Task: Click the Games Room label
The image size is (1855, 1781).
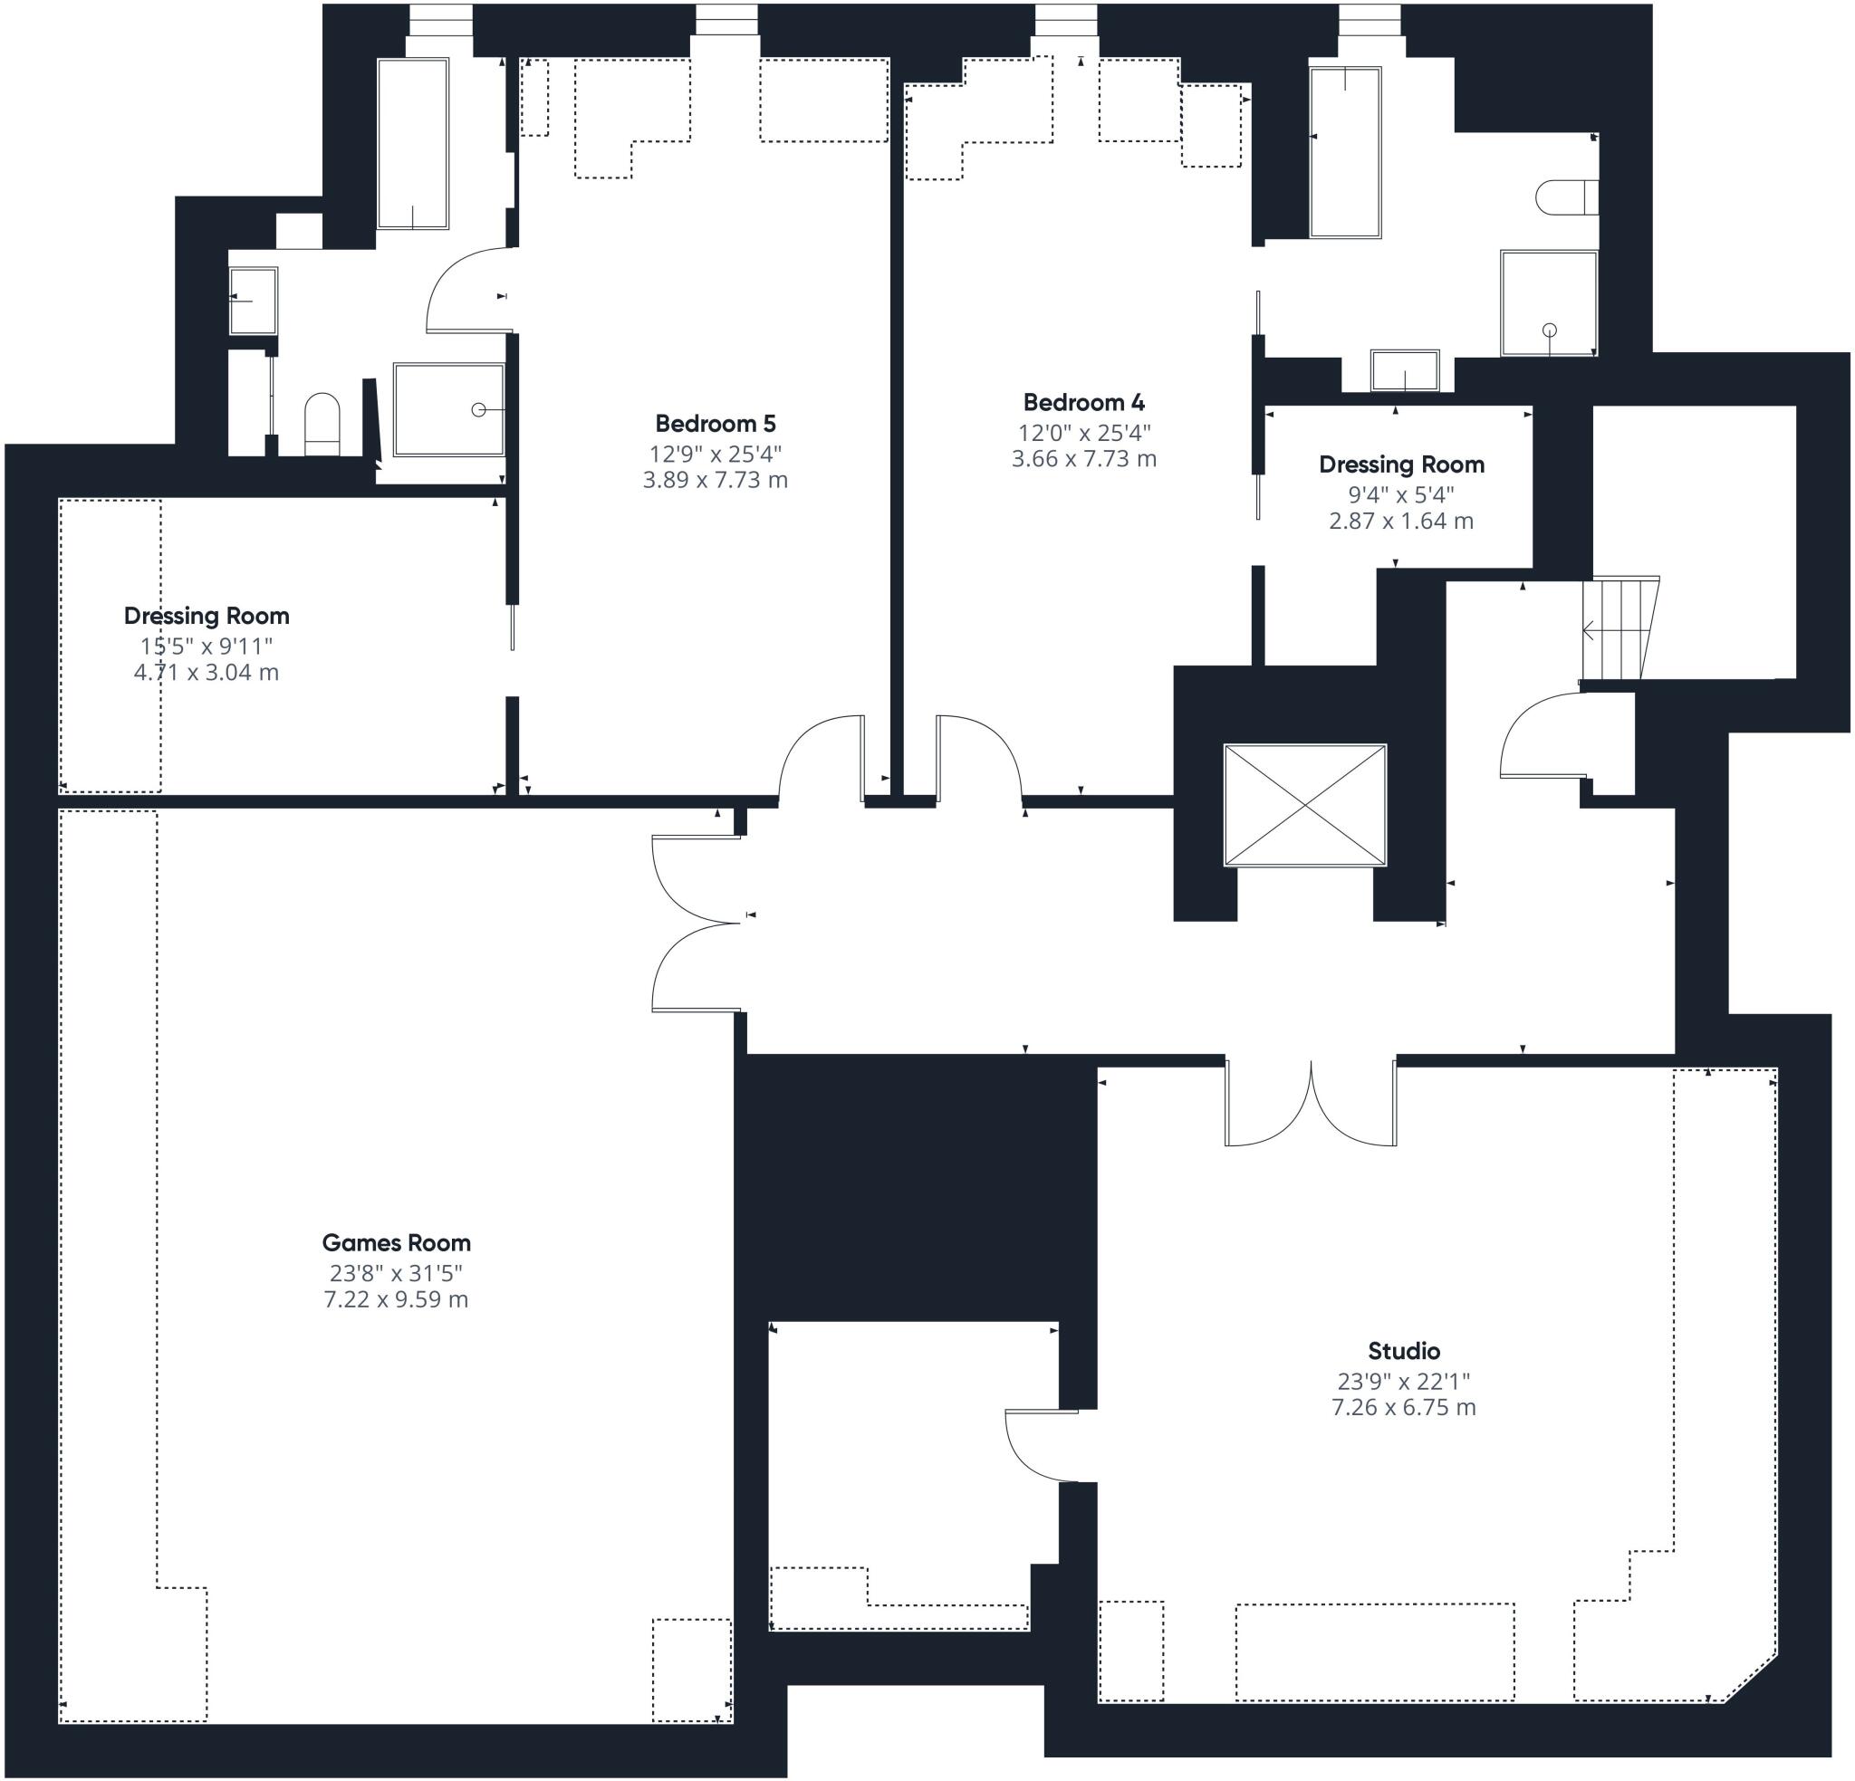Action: (x=396, y=1242)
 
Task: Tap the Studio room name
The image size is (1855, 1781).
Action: (x=1404, y=1350)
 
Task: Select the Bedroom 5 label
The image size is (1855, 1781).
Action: (x=715, y=423)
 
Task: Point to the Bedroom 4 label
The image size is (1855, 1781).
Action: (x=1083, y=402)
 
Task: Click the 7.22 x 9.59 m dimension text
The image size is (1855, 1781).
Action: (x=396, y=1298)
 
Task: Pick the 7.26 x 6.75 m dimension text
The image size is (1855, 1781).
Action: (x=1404, y=1407)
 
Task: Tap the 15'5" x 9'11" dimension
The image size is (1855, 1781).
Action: (x=207, y=646)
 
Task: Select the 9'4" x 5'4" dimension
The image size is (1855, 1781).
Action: (x=1400, y=494)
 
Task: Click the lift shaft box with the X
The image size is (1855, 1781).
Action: (x=1305, y=804)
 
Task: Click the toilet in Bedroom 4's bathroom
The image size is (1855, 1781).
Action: (x=1566, y=197)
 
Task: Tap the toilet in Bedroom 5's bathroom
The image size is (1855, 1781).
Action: (x=322, y=424)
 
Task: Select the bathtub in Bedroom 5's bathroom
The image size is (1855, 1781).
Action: (x=413, y=143)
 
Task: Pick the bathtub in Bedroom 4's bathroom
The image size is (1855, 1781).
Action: (x=1345, y=151)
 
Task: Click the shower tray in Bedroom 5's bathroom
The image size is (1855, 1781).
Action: (x=449, y=409)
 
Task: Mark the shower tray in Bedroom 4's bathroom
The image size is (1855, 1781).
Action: (x=1548, y=302)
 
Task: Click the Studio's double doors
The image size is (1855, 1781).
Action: (x=1312, y=1104)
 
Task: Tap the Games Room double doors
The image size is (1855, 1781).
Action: (x=697, y=923)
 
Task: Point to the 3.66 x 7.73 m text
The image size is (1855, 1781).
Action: (x=1083, y=458)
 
